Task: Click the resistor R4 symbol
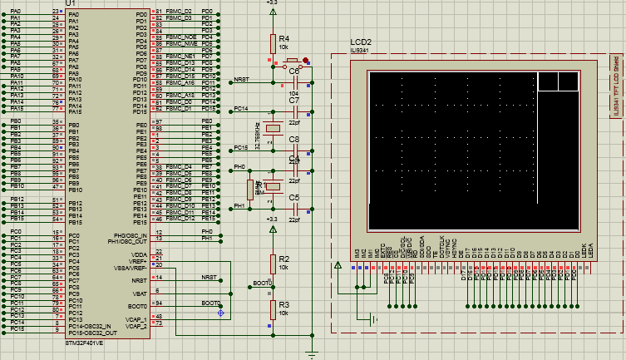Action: coord(272,44)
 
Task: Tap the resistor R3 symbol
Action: coord(272,309)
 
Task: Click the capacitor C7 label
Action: coord(293,101)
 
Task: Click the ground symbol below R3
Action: coord(312,354)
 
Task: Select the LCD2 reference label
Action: coord(361,42)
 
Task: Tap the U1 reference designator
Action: coord(70,3)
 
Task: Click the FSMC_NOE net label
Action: coord(180,37)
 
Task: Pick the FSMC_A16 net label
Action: coord(180,82)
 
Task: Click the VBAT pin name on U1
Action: coord(140,293)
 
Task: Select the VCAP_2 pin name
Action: coord(136,325)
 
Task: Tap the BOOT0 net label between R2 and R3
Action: coord(262,284)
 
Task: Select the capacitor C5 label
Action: coord(293,198)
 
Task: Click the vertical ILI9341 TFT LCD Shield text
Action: coord(615,87)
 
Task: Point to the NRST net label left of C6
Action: coord(241,79)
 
